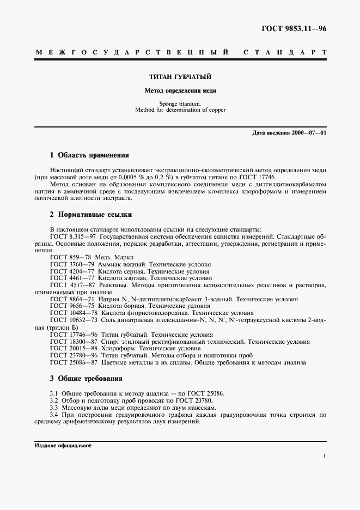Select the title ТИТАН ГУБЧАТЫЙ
(x=180, y=77)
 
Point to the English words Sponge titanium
(x=180, y=104)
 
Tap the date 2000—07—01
(x=309, y=132)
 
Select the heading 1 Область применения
(x=89, y=155)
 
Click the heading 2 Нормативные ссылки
(x=90, y=215)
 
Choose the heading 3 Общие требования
(x=86, y=378)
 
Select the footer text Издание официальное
(x=63, y=445)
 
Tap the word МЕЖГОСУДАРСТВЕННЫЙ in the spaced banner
(x=131, y=53)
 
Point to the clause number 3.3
(x=54, y=408)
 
